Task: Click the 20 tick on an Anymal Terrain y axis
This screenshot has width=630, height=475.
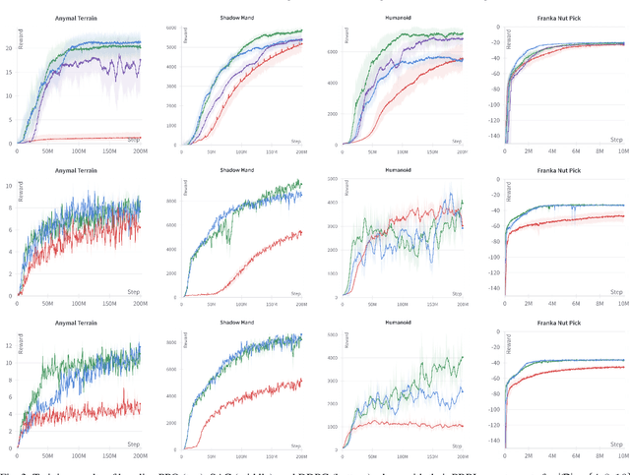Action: (9, 46)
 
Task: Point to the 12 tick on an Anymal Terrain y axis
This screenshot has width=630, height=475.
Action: (9, 345)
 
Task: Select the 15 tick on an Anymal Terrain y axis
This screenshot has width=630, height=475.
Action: (9, 71)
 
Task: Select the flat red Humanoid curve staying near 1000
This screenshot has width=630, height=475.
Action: (413, 425)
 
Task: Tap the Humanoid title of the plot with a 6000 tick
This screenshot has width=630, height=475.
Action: (394, 18)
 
